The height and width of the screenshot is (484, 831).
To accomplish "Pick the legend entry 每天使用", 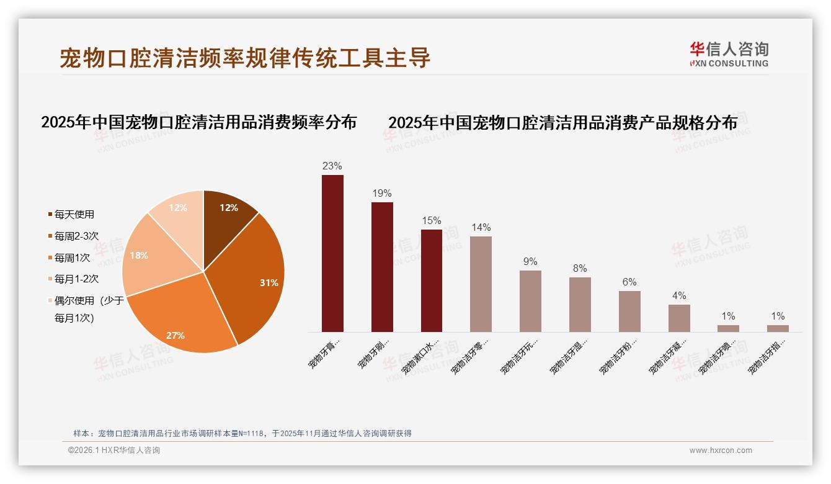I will click(74, 215).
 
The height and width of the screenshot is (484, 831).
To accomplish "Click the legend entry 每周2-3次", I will click(76, 236).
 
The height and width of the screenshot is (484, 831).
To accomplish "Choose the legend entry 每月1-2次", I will click(76, 279).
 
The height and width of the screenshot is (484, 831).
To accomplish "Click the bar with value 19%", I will click(382, 267).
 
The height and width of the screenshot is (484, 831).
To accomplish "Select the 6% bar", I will click(629, 311).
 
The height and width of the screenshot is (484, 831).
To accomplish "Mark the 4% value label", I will click(679, 296).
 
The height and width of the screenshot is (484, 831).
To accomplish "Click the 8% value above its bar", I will click(580, 269).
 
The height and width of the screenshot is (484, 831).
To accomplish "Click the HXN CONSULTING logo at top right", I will click(729, 55).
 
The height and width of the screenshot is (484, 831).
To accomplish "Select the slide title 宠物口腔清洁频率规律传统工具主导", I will click(245, 58).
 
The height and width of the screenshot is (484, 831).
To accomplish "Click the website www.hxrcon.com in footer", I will click(721, 450).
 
